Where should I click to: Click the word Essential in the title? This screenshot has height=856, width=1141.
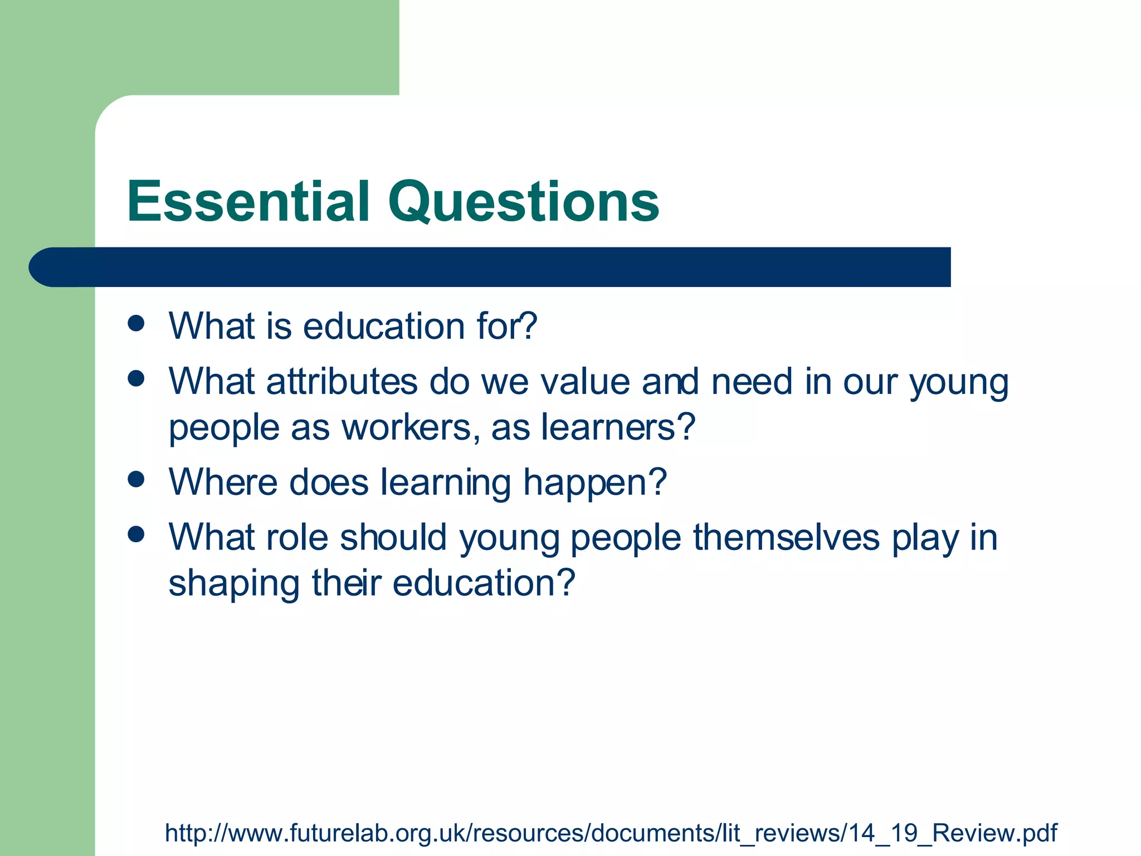coord(248,202)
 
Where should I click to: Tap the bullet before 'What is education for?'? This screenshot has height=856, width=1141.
coord(136,323)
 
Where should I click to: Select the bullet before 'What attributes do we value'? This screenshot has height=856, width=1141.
coord(136,379)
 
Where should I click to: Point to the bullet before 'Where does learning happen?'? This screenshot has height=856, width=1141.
coord(136,479)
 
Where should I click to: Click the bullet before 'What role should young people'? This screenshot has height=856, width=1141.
coord(136,535)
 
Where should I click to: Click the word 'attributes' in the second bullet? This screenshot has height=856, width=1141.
coord(342,382)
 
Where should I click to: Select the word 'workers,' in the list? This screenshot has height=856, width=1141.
coord(411,428)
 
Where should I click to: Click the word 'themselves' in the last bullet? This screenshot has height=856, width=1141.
coord(786,538)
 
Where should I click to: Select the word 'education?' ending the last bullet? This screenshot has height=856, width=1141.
coord(483,584)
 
